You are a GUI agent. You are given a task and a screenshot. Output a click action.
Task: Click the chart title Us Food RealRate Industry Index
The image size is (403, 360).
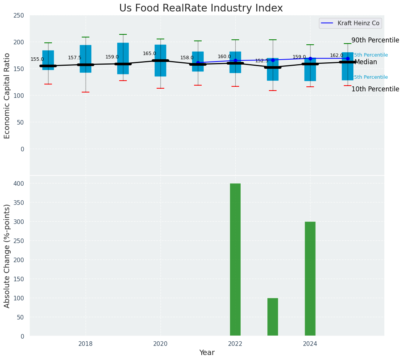click(201, 8)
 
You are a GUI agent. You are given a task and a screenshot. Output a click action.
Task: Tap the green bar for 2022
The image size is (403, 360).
click(235, 259)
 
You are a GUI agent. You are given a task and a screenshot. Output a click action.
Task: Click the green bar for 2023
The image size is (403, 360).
click(273, 317)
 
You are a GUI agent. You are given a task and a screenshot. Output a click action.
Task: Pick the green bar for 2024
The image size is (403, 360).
click(310, 279)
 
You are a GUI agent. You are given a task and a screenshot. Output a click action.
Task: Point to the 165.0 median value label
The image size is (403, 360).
click(149, 54)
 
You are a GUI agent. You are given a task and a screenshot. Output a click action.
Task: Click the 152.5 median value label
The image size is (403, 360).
click(262, 61)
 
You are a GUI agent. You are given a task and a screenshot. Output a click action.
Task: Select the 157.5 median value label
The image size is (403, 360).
click(74, 58)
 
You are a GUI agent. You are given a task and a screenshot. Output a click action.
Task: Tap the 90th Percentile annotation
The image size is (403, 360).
click(375, 41)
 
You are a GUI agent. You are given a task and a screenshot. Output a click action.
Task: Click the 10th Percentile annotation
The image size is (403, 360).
click(375, 89)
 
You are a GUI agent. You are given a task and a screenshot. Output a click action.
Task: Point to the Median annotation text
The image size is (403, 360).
click(366, 62)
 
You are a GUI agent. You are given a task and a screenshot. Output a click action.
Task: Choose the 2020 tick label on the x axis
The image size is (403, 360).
click(160, 344)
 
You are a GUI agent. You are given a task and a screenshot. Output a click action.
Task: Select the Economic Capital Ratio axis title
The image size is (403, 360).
click(8, 96)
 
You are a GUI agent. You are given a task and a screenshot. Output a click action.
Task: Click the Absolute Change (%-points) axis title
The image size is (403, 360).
click(8, 256)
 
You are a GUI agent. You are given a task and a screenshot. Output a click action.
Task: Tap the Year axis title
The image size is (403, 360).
click(207, 353)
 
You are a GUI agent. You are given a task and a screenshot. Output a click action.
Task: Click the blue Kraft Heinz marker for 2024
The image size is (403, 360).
click(310, 58)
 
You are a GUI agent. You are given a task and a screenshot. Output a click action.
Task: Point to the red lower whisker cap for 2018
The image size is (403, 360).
click(86, 92)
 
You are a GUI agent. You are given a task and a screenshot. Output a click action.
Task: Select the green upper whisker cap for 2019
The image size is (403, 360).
click(123, 34)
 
